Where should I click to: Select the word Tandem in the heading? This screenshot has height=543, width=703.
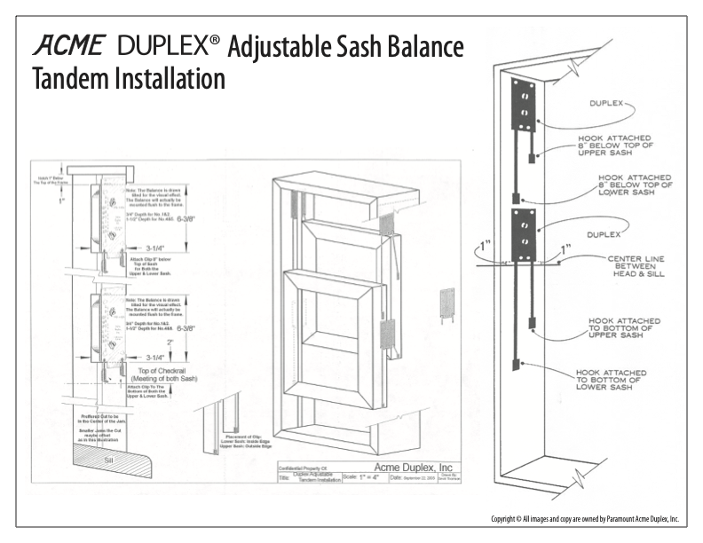(64, 80)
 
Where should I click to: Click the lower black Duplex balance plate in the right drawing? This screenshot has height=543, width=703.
(520, 231)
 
